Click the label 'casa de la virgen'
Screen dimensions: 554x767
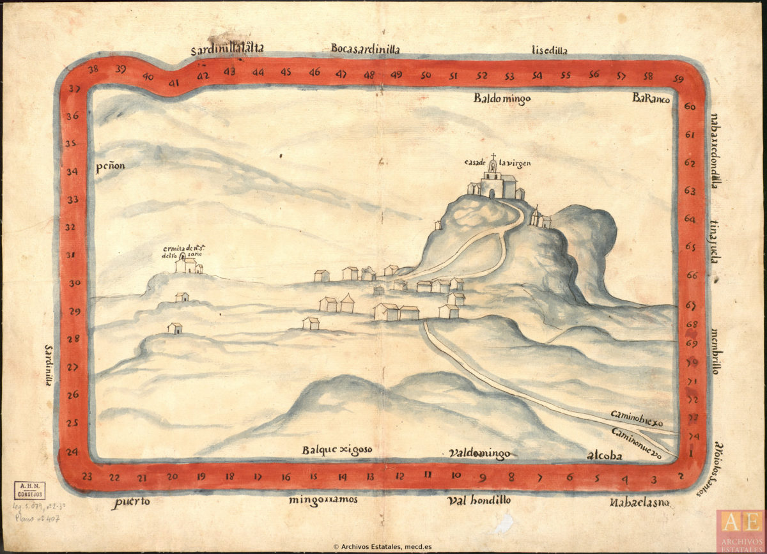pyautogui.click(x=497, y=162)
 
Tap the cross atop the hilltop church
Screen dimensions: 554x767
pyautogui.click(x=493, y=155)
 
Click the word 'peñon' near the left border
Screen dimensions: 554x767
pyautogui.click(x=110, y=167)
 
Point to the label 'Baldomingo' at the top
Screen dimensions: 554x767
pyautogui.click(x=502, y=98)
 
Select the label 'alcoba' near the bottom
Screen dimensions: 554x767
pyautogui.click(x=604, y=455)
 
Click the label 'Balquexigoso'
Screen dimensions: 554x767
pyautogui.click(x=337, y=450)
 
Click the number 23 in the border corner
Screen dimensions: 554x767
pyautogui.click(x=88, y=476)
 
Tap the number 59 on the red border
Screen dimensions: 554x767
pyautogui.click(x=678, y=79)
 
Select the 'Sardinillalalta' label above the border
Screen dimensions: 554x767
pyautogui.click(x=227, y=50)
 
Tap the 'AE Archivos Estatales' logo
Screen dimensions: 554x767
pyautogui.click(x=740, y=530)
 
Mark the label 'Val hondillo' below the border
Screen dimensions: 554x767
pyautogui.click(x=479, y=500)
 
